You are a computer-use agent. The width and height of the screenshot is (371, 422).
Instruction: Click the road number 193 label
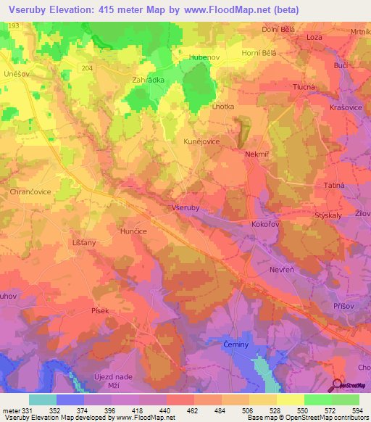tap(12, 25)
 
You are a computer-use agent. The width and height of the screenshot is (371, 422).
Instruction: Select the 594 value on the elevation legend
tap(355, 410)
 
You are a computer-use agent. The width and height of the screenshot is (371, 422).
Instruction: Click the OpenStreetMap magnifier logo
tap(338, 385)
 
